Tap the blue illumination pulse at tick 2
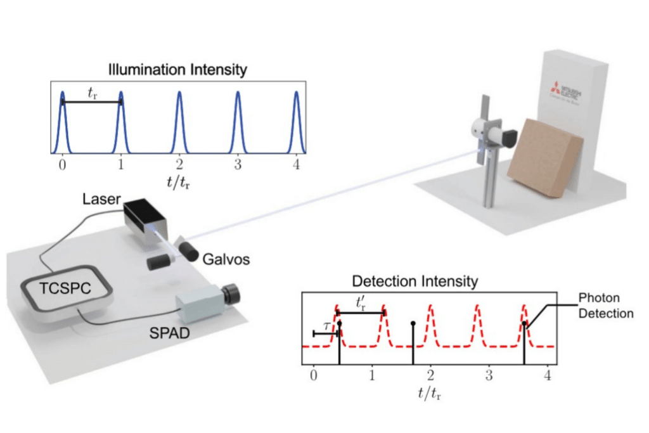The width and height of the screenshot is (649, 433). pyautogui.click(x=179, y=120)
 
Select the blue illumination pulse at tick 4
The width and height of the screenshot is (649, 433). pyautogui.click(x=297, y=120)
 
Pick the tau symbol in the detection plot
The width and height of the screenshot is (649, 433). pyautogui.click(x=324, y=325)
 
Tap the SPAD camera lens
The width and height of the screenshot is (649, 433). pyautogui.click(x=232, y=294)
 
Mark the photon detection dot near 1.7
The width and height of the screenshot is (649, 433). pyautogui.click(x=413, y=324)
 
